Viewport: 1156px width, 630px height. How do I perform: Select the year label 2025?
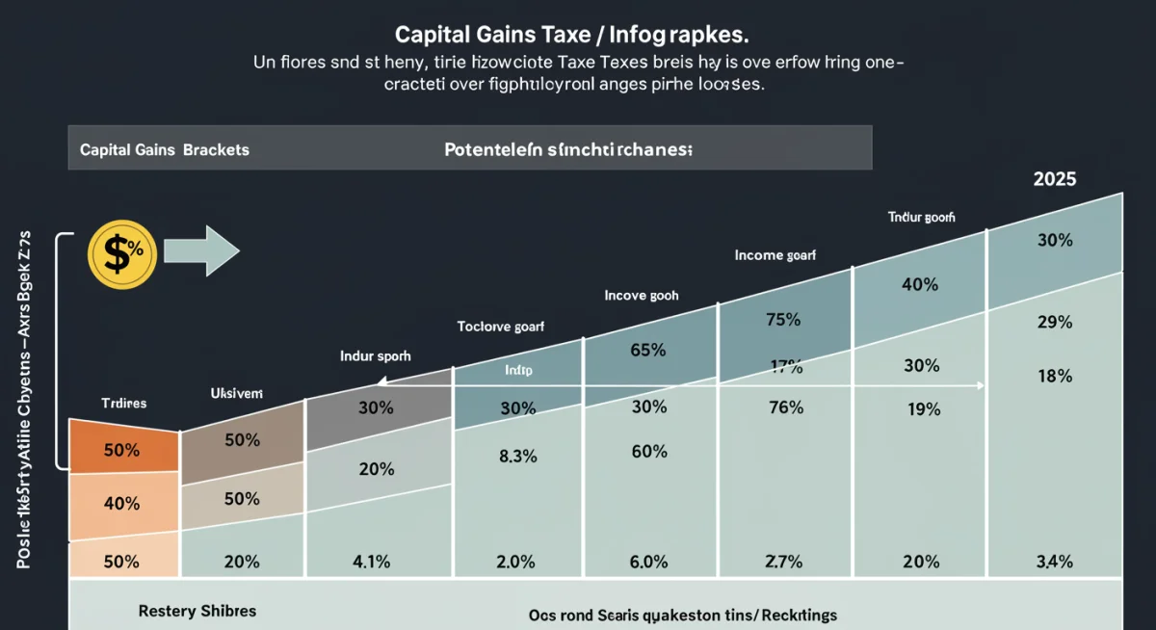pos(1054,179)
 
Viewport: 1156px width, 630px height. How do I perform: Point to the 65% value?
pos(648,351)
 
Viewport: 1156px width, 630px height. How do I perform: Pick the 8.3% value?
pos(517,458)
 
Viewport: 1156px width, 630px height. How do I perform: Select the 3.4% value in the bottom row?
pos(1055,563)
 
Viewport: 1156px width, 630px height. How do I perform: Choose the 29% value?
pos(1055,323)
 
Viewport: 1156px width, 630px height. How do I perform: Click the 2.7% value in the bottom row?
pos(783,563)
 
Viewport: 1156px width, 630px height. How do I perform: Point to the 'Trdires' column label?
pos(123,403)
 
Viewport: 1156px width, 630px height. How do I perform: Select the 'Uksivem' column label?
pos(236,393)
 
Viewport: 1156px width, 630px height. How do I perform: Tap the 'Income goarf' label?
pos(775,255)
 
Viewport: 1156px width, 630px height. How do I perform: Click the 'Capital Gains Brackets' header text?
pos(165,150)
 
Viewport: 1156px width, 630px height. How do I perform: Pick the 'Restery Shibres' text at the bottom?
pos(197,611)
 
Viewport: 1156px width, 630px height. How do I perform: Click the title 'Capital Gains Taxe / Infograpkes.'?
pos(572,34)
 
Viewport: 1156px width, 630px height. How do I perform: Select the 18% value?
pos(1055,377)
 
